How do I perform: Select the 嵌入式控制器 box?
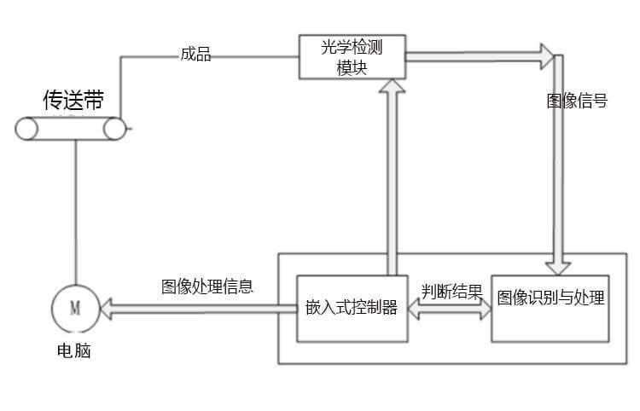(x=352, y=308)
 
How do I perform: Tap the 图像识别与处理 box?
(x=550, y=298)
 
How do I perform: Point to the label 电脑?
(x=73, y=350)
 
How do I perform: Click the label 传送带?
(x=73, y=101)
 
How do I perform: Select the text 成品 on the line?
(x=195, y=55)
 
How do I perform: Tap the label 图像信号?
(x=577, y=101)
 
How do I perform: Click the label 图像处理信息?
(x=207, y=287)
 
